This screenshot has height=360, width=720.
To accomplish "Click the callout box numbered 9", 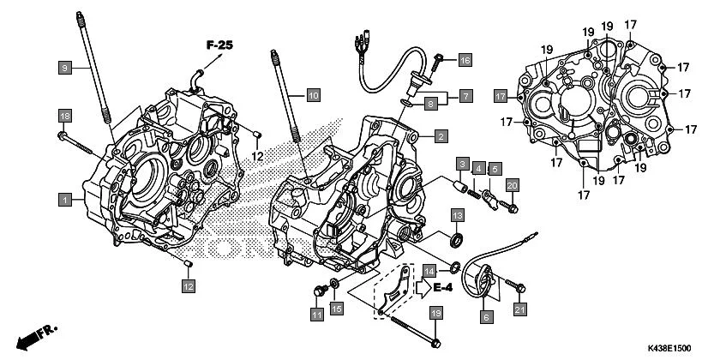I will click(x=64, y=66).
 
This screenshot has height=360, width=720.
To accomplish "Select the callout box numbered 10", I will click(x=313, y=94).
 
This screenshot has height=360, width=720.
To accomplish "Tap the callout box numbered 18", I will click(x=64, y=116).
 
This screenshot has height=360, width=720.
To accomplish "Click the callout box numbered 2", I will click(x=439, y=135).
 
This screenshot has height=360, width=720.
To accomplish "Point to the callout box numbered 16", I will click(x=465, y=60).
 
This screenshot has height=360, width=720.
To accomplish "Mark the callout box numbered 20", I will click(x=512, y=186).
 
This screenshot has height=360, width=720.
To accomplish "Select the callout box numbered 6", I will click(x=486, y=317).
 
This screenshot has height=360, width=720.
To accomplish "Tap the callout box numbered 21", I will click(x=521, y=309).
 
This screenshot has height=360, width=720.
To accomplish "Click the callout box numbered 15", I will click(x=337, y=308).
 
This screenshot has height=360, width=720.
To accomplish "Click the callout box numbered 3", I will click(x=461, y=164).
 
